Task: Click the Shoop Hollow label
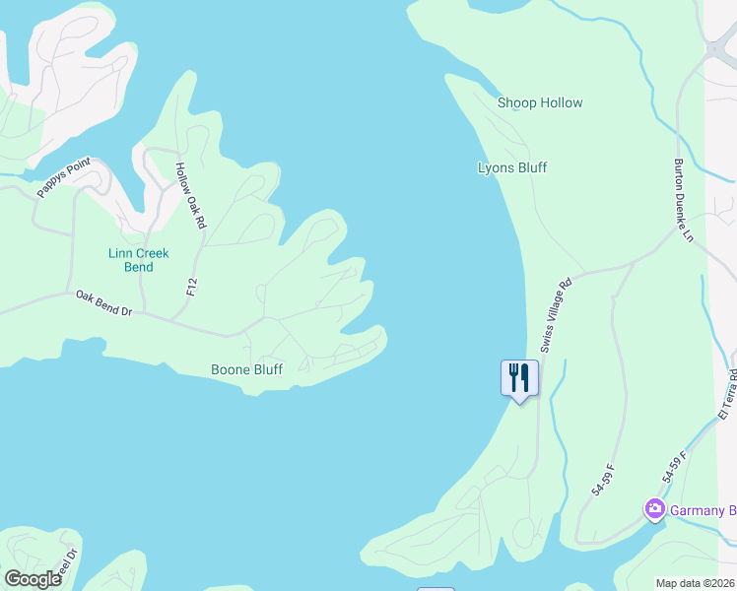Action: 540,102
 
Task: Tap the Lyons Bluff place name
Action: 511,167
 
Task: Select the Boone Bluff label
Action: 246,370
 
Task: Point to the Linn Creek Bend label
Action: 138,260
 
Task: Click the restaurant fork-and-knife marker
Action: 519,377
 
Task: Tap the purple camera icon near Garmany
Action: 653,509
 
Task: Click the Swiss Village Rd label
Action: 555,314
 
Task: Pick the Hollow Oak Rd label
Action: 190,196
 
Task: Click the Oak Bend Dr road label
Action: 104,302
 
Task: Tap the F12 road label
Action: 192,287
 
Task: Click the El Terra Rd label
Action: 727,395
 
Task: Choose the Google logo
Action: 33,579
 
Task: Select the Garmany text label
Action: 703,510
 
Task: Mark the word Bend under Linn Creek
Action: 138,267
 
